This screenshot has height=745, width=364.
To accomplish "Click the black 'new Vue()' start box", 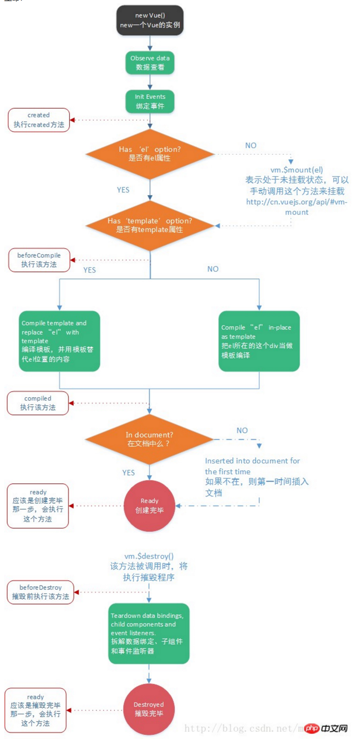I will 150,20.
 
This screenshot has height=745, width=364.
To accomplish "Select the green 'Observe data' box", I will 150,62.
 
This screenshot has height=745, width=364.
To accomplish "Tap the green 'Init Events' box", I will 150,101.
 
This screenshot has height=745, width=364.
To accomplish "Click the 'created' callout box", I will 39,120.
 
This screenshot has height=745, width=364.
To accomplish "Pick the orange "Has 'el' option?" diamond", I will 150,154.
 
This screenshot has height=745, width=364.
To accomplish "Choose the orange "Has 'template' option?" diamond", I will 150,225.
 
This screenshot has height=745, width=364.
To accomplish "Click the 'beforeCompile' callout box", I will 39,260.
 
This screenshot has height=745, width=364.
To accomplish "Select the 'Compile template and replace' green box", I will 59,341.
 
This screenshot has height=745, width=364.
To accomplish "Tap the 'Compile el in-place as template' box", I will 259,341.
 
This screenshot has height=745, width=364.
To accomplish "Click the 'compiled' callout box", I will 38,403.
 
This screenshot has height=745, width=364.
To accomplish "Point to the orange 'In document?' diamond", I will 149,439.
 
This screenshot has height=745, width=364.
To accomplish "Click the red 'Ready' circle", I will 150,506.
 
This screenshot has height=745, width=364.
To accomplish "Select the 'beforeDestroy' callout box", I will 41,592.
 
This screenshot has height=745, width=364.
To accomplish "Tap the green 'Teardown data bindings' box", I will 149,633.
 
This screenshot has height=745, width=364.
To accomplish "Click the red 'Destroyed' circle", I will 149,709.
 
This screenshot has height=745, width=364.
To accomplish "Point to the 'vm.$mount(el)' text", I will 296,170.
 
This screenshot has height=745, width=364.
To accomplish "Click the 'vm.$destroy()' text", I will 149,556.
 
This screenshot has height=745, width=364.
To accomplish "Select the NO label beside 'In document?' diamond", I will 242,430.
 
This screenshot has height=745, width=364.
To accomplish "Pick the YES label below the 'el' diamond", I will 123,190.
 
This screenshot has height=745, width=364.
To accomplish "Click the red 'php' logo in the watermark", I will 312,728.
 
